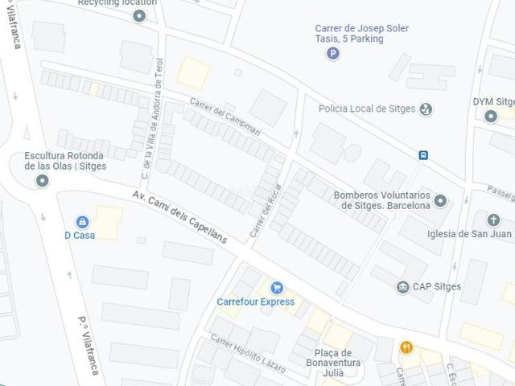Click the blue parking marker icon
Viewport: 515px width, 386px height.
[333, 54]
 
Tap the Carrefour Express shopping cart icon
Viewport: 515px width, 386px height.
[277, 287]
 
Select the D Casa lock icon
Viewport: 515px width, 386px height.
[82, 221]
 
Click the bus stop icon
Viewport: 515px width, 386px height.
[422, 155]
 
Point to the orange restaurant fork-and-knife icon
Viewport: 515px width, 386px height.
[406, 347]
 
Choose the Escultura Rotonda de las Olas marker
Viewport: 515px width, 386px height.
[42, 181]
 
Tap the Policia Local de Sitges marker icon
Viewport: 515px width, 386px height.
[426, 109]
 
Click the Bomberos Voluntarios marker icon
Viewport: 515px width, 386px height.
[440, 200]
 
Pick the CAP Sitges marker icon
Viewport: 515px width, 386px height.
[402, 287]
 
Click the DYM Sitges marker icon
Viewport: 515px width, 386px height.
[491, 116]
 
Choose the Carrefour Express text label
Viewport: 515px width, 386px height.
[256, 302]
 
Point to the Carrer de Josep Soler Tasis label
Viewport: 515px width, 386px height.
[361, 34]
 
